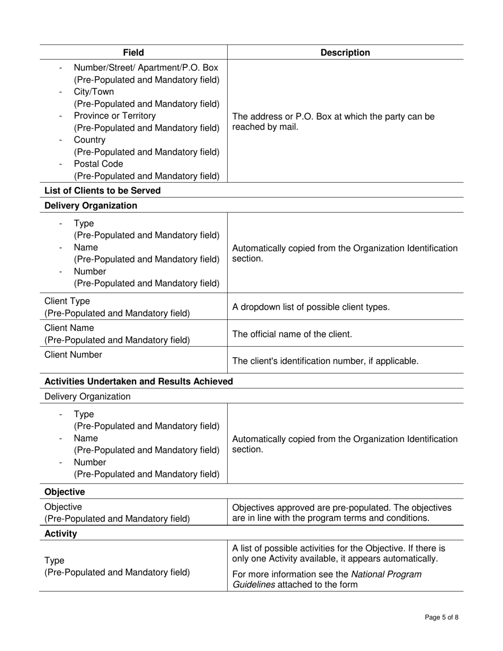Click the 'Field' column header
133,52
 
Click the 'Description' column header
346,52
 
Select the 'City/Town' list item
94,92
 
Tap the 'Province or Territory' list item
115,116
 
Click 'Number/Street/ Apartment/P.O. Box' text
146,68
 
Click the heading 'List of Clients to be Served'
102,191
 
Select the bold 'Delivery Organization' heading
91,206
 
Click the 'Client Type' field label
67,301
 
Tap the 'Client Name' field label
69,328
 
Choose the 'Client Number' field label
73,355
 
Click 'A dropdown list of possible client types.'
311,307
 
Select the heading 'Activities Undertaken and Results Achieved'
139,382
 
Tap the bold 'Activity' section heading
61,534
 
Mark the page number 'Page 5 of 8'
442,617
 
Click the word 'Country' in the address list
89,140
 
